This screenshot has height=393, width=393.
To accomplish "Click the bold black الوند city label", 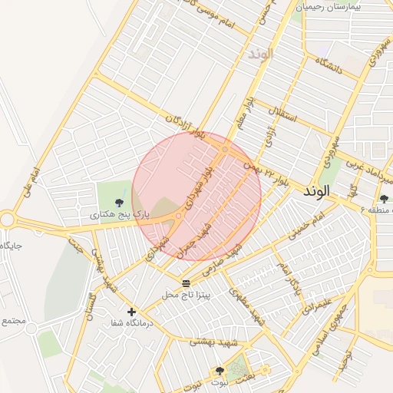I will point(316,190).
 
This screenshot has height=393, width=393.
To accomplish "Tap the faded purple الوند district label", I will point(259,54).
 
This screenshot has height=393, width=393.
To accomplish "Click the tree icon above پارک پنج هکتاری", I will point(118,202).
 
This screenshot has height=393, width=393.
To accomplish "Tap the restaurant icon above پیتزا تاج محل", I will point(185,283).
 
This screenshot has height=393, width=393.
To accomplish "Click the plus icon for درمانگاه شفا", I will point(132,312).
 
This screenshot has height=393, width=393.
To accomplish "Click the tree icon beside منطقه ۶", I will point(384,199).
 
